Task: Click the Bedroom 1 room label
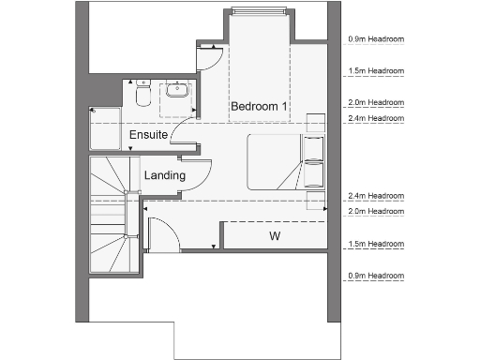click(259, 107)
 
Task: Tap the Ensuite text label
click(148, 135)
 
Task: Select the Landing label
click(164, 174)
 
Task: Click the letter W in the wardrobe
click(276, 234)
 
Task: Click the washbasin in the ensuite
click(176, 92)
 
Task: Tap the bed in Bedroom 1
click(277, 161)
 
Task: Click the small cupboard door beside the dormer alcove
click(209, 58)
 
